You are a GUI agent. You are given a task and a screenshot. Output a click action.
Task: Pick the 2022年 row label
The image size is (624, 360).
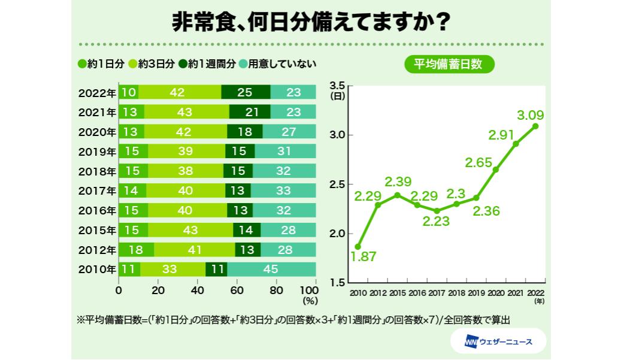click(x=97, y=92)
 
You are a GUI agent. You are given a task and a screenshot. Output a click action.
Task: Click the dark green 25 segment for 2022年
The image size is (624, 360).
click(x=246, y=92)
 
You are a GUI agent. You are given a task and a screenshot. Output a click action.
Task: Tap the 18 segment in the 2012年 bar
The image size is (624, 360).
click(x=137, y=249)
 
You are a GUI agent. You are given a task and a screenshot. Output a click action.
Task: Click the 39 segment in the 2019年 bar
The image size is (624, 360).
click(x=187, y=151)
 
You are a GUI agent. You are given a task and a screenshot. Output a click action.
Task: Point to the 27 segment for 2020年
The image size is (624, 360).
click(x=289, y=132)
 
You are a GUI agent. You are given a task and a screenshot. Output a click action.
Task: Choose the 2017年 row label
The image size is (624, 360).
click(x=97, y=190)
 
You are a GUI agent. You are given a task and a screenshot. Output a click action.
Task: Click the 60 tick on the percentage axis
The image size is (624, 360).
click(x=237, y=291)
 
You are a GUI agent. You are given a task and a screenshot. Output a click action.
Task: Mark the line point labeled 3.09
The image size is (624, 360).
click(x=535, y=126)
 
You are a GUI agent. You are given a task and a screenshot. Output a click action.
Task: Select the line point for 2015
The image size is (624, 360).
click(x=396, y=195)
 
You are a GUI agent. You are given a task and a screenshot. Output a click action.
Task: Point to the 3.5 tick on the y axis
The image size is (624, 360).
click(x=338, y=84)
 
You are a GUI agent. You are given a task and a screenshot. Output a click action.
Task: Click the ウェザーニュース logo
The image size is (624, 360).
click(x=499, y=342)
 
